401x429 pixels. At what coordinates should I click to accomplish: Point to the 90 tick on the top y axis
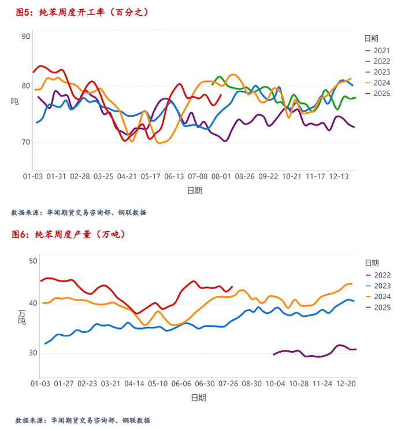pyautogui.click(x=26, y=36)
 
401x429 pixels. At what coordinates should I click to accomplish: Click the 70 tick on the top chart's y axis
pyautogui.click(x=26, y=142)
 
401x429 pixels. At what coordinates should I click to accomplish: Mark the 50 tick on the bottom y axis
pyautogui.click(x=33, y=261)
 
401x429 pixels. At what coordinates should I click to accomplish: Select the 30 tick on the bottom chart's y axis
pyautogui.click(x=33, y=353)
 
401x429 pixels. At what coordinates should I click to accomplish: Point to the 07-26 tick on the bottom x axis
pyautogui.click(x=229, y=383)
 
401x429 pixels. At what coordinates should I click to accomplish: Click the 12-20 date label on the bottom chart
pyautogui.click(x=346, y=383)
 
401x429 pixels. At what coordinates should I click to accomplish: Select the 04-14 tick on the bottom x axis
pyautogui.click(x=134, y=383)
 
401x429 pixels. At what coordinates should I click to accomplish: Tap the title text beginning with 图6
pyautogui.click(x=68, y=234)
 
